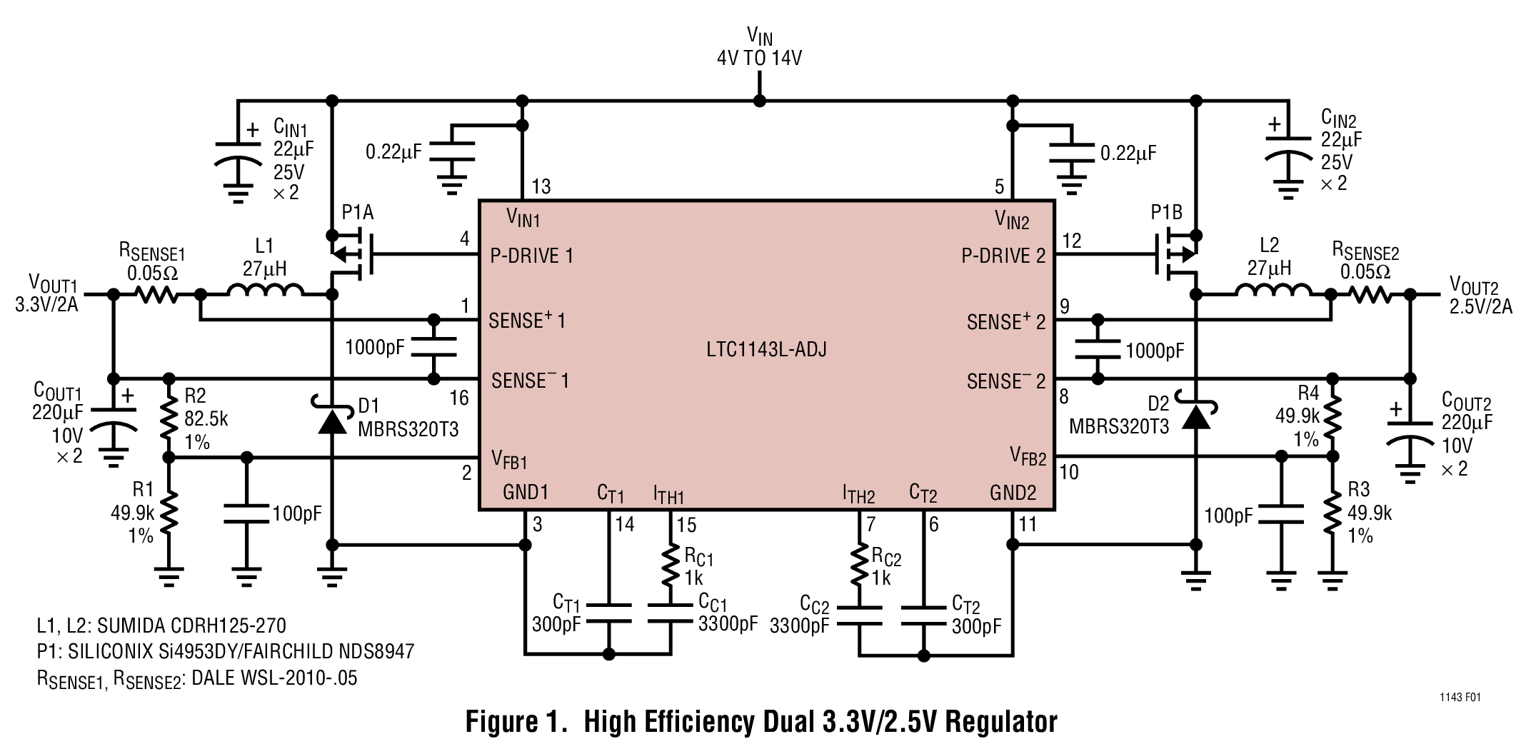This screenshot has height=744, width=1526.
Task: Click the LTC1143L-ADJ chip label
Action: click(765, 350)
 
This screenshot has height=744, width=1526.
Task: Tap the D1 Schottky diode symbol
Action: click(332, 420)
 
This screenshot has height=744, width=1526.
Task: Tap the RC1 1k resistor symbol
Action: click(671, 565)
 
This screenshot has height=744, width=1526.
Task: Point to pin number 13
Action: click(541, 187)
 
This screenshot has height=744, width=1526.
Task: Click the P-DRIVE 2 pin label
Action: click(1003, 256)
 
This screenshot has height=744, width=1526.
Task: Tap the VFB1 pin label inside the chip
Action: click(509, 458)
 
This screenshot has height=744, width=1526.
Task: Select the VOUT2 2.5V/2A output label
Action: click(1480, 296)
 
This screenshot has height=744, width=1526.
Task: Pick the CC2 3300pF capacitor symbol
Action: click(859, 616)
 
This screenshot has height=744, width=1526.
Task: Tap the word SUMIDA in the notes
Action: click(131, 626)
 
